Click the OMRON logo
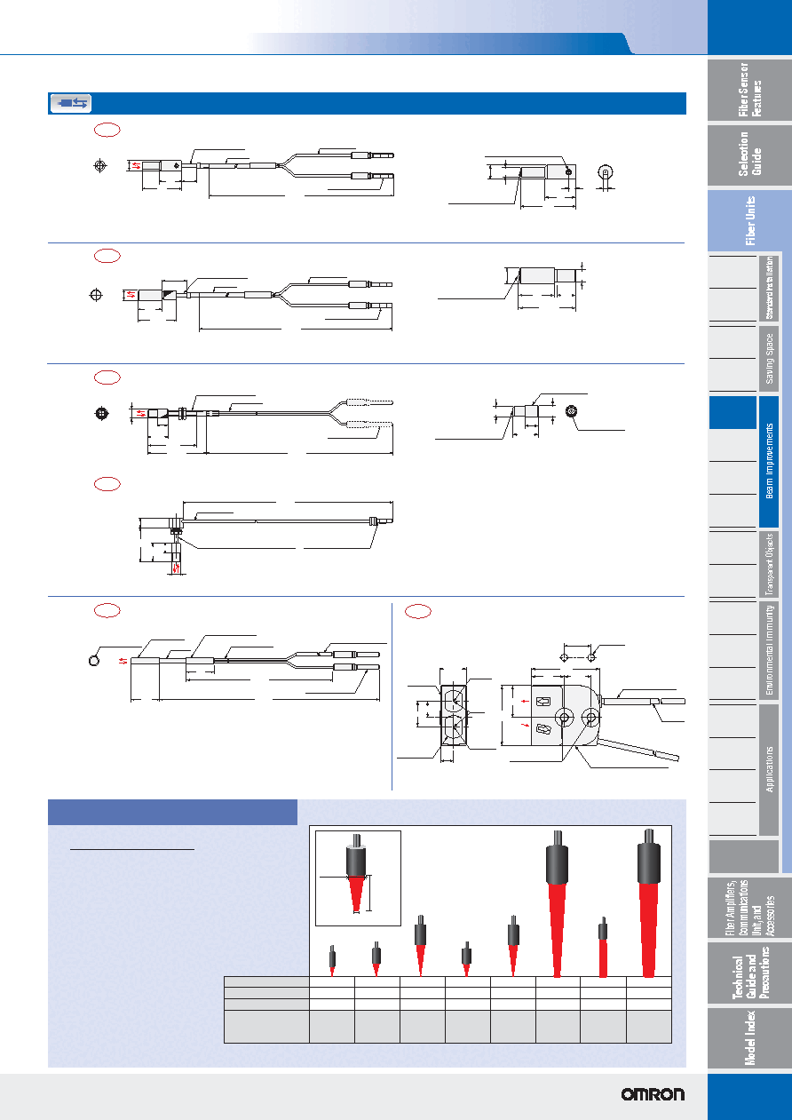(653, 1094)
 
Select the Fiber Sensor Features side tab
(749, 90)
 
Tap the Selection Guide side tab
(749, 155)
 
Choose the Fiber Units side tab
(749, 220)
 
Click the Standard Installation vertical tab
(769, 288)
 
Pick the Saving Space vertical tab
(769, 359)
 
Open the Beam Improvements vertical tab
(769, 461)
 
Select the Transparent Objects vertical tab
(769, 564)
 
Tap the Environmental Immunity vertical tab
(769, 650)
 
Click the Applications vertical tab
(769, 769)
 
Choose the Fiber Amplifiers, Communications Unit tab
(749, 907)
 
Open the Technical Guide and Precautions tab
(749, 973)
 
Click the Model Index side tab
(749, 1037)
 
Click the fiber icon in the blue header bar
(71, 104)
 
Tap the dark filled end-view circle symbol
(101, 414)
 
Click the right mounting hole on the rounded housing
(591, 718)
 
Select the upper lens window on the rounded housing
(543, 701)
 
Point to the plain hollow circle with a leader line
(94, 661)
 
